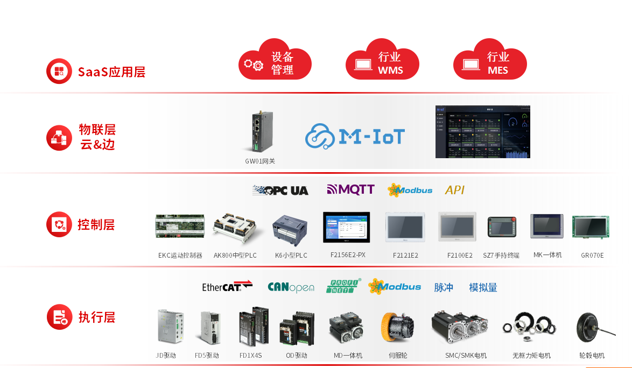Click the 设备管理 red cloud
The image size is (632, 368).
275,62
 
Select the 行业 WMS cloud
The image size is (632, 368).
382,62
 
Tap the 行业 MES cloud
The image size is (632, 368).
490,62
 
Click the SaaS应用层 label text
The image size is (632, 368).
111,72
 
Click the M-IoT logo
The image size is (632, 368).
355,137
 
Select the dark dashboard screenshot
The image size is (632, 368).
482,132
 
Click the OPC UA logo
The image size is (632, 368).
280,190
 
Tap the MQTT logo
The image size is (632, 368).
350,189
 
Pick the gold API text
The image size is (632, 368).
454,190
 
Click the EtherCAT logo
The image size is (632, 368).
227,287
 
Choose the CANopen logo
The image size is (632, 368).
291,287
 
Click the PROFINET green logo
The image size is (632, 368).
343,286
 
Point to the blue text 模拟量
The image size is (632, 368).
483,287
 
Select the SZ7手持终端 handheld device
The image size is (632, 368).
502,227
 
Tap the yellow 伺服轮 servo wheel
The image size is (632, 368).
397,328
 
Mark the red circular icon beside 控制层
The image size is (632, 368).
59,224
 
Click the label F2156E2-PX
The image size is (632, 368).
348,254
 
